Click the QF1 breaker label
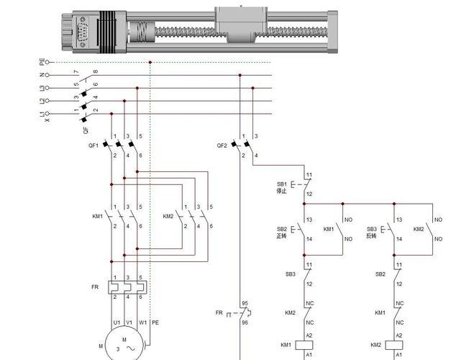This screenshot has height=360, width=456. [x=94, y=145]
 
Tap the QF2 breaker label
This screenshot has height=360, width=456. [x=222, y=145]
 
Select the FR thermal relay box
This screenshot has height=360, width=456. [x=126, y=287]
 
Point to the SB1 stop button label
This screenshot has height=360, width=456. [x=281, y=184]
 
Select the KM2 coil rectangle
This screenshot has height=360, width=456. [x=396, y=345]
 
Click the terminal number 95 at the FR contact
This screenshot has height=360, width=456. [x=245, y=303]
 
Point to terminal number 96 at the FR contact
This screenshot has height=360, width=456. [x=245, y=323]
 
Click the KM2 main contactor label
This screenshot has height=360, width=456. [x=168, y=216]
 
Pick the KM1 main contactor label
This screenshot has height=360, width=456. [x=98, y=216]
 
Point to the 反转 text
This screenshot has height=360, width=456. [x=371, y=236]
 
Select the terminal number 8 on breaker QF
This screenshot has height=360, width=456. [x=96, y=71]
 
